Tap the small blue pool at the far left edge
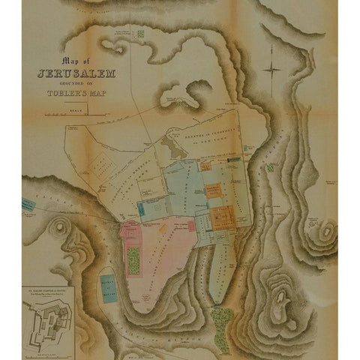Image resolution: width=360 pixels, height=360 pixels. [28, 204]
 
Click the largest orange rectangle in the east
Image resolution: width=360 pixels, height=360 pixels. [222, 218]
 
